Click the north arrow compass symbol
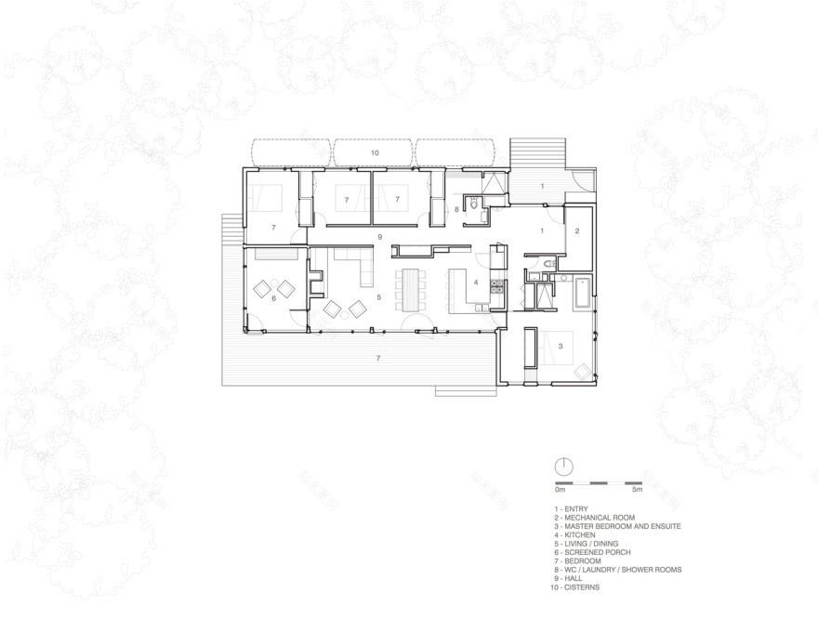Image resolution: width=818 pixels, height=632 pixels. pos(563,466)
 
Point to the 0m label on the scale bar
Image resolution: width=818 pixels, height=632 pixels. pos(560,491)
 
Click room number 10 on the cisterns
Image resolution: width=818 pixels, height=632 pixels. pos(375,151)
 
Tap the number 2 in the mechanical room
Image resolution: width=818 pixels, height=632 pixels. pos(576,230)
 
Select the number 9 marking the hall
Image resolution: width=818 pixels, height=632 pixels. pos(379,239)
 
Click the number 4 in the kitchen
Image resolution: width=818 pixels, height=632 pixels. pos(475,282)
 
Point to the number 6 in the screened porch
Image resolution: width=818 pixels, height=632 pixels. pos(273,298)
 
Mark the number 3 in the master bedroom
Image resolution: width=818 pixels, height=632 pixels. pos(561,346)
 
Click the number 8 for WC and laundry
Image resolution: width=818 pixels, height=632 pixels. pos(456,210)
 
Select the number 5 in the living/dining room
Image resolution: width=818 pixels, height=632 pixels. pos(378,297)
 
